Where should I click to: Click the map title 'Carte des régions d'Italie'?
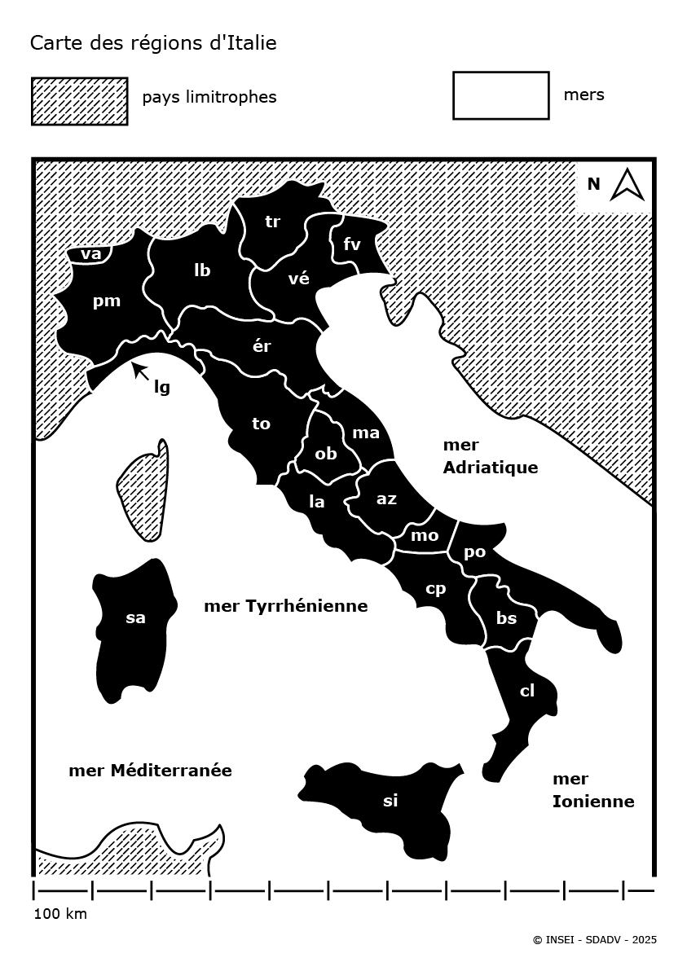click(x=153, y=43)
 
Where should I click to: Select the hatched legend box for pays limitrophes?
click(x=80, y=101)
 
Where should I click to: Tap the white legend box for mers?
click(x=500, y=95)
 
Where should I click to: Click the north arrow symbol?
click(x=627, y=184)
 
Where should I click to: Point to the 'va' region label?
click(x=91, y=254)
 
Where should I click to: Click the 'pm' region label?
click(x=107, y=301)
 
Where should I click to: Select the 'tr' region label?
click(x=273, y=221)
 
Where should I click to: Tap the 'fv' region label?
click(x=352, y=244)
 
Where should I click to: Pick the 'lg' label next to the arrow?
click(x=162, y=387)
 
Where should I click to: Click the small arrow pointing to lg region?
click(x=140, y=371)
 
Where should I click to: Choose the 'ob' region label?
click(x=326, y=454)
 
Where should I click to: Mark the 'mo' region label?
click(x=425, y=535)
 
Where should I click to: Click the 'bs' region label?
click(x=507, y=618)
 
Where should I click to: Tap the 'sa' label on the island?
click(x=135, y=617)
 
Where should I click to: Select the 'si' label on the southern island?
click(x=390, y=801)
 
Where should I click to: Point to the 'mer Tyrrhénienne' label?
click(x=285, y=606)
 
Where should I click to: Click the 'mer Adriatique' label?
click(x=490, y=456)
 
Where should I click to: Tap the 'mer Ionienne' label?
click(x=592, y=790)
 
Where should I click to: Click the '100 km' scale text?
click(x=60, y=914)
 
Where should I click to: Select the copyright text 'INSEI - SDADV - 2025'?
click(x=594, y=940)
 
